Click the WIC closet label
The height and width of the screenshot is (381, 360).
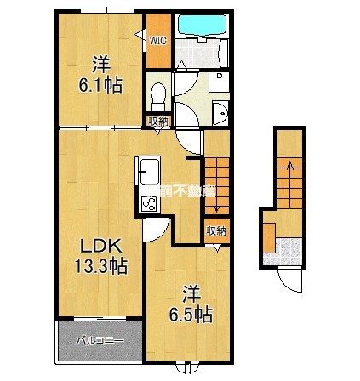point(158,38)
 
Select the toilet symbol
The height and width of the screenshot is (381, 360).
point(155,93)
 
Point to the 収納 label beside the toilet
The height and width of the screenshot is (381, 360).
point(158,122)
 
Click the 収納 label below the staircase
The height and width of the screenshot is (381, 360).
point(215,230)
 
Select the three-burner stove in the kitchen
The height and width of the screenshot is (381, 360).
point(148,203)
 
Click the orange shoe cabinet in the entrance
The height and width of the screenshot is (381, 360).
point(269,235)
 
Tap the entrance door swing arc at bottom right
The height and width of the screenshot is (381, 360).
point(291,277)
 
